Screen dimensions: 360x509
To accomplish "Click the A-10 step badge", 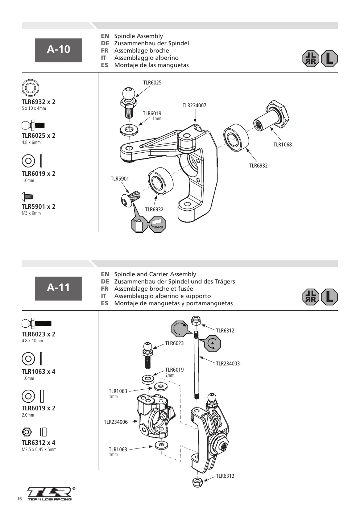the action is [x=58, y=50].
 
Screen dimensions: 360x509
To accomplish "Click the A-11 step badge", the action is [x=58, y=288].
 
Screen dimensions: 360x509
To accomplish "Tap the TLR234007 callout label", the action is [x=194, y=105].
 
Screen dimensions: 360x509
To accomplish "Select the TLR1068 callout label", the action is [x=282, y=145].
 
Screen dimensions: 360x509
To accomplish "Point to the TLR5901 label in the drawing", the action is [x=120, y=179].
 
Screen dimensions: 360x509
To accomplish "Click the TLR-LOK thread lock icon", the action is [x=157, y=224].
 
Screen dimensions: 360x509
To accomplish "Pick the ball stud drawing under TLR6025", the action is [x=129, y=103].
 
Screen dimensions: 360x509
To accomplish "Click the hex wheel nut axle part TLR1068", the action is [x=272, y=116].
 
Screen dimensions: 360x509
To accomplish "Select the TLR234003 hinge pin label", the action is [x=228, y=363].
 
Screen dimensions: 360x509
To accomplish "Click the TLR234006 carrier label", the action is [x=116, y=422].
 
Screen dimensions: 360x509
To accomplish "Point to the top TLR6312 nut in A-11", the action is [x=196, y=321].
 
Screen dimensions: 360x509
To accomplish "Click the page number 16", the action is [x=20, y=498].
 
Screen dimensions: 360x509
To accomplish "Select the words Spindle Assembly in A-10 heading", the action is [x=138, y=36].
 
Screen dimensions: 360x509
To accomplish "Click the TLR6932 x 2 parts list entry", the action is [x=38, y=102].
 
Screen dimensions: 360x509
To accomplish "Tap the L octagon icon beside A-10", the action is [x=329, y=59].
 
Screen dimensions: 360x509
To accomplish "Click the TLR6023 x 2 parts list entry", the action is [x=38, y=334].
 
